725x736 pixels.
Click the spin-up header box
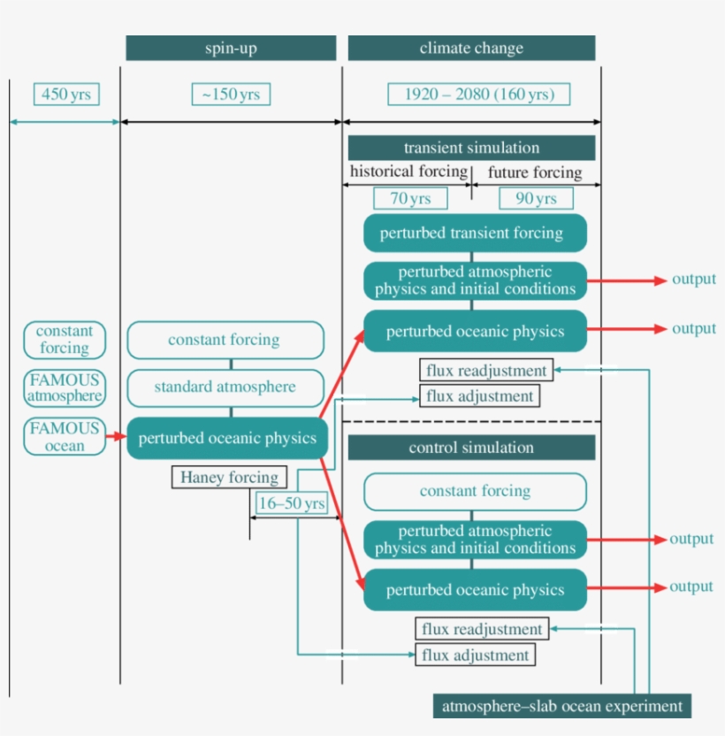(231, 48)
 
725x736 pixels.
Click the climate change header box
(471, 48)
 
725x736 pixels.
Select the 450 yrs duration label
(66, 94)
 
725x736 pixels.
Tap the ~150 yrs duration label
(231, 94)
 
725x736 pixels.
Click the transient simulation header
(471, 148)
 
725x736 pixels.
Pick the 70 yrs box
(410, 198)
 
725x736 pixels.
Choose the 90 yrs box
(536, 198)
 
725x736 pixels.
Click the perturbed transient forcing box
(475, 233)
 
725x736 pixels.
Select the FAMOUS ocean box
(65, 437)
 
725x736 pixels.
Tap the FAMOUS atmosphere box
(65, 387)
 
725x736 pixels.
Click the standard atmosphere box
(225, 387)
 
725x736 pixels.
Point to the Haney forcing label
(229, 478)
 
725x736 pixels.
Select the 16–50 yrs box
(290, 503)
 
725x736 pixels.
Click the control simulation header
(471, 448)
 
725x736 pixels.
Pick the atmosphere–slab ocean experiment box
(561, 706)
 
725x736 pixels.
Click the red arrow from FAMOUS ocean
(116, 436)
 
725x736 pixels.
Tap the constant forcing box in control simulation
(475, 491)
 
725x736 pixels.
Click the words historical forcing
(408, 171)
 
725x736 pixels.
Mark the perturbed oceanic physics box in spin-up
(227, 438)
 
